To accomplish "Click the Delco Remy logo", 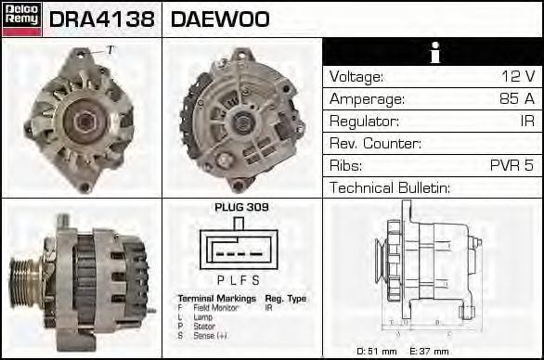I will pos(21,19).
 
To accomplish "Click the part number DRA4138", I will pos(102,19).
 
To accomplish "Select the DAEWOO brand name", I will pos(220,19).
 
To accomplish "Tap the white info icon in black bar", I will pos(432,53).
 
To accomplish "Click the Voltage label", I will pos(356,77).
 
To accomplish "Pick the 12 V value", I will pos(517,77).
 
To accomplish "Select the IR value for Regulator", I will pos(525,122).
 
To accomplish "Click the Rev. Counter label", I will pos(375,144).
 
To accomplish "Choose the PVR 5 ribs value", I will pos(512,166).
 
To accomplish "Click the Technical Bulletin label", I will pos(390,188).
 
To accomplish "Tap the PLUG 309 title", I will pos(241,208).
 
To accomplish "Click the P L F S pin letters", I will pos(238,280).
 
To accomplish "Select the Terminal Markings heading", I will pos(215,298).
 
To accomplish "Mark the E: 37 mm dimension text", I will pos(430,351).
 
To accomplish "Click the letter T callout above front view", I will pos(110,50).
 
